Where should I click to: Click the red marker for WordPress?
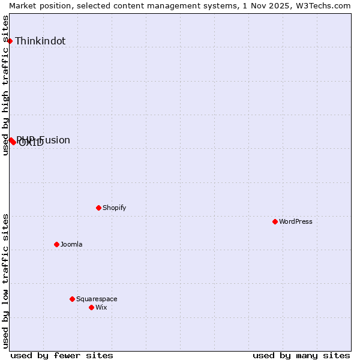[275, 221]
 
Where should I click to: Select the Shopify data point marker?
[98, 208]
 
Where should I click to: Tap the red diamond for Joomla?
[56, 244]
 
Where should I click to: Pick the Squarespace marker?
[72, 299]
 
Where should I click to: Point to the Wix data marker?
[91, 307]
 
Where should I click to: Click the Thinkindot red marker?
[10, 41]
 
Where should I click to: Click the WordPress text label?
[296, 221]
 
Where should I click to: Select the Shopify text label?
[114, 208]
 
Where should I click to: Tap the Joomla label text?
[71, 244]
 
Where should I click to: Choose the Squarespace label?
[97, 299]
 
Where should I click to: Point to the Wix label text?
[101, 307]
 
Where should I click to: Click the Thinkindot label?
[40, 41]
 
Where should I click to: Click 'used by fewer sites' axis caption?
[62, 355]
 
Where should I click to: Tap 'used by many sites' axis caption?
[301, 355]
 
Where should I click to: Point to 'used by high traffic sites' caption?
[5, 85]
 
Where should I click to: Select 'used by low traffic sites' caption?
[5, 281]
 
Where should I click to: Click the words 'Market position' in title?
[39, 5]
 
